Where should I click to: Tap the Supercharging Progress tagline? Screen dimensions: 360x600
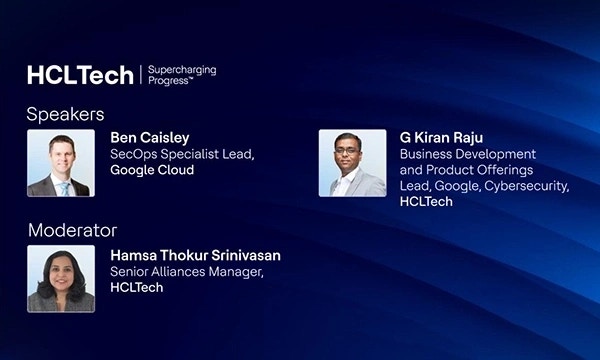182,75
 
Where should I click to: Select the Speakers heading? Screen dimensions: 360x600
65,114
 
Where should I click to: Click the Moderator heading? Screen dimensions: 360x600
72,230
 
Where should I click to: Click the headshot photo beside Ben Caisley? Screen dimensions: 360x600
61,163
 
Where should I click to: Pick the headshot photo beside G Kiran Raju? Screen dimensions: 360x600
352,163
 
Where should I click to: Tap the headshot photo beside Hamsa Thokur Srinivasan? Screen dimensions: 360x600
61,278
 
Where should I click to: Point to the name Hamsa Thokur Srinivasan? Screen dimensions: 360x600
195,255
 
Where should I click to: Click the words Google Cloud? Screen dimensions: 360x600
152,170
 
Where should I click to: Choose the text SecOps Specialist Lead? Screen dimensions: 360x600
177,155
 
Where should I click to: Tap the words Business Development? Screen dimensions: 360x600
468,154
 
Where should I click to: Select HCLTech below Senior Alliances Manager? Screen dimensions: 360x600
136,287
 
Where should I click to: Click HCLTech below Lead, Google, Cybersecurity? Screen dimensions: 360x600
426,202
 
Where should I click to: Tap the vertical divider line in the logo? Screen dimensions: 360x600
139,75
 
